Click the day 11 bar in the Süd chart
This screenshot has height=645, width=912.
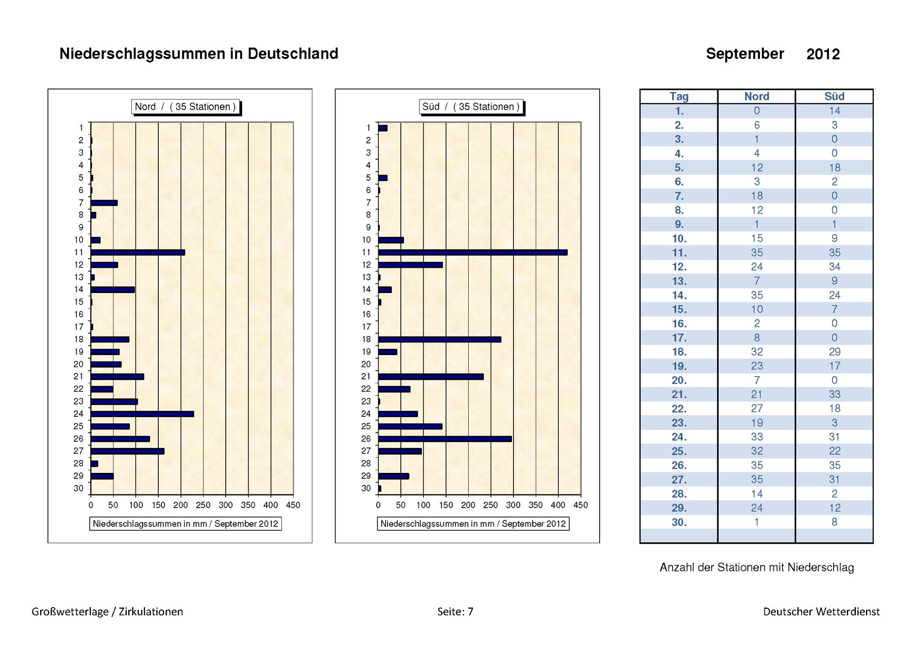tap(473, 252)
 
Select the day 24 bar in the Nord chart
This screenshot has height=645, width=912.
tap(142, 414)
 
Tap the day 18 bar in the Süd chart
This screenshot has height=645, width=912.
tap(440, 340)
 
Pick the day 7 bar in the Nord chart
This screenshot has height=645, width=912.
tap(104, 203)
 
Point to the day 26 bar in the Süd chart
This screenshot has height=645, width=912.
tap(445, 439)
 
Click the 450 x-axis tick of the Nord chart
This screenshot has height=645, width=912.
tap(293, 505)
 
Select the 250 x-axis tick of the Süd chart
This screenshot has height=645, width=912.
tap(491, 505)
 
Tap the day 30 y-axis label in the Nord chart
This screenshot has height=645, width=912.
tap(78, 488)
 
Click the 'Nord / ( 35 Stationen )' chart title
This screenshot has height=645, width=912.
tap(185, 107)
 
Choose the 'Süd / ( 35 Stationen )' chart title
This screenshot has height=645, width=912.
tap(471, 107)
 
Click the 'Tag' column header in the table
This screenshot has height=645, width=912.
tap(679, 96)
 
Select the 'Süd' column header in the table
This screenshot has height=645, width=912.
tap(834, 96)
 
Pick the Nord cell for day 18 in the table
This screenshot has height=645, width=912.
tap(757, 352)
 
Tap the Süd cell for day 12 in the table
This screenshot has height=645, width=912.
tap(834, 267)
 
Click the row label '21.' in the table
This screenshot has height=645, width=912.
tap(679, 394)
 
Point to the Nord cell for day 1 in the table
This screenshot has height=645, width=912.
tap(757, 110)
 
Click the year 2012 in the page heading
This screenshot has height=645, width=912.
tap(823, 54)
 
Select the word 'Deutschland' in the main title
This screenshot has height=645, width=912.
tap(293, 54)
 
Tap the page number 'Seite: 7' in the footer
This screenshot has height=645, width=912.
tap(455, 612)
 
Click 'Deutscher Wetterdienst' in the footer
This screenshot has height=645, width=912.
tap(822, 612)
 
